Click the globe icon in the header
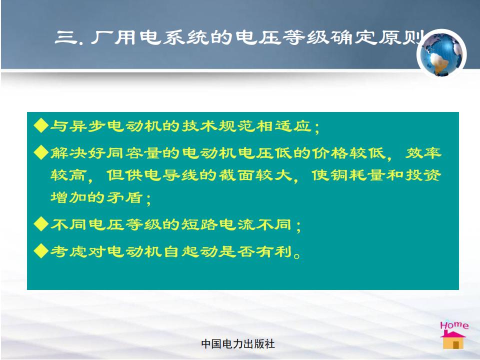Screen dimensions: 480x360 tap(441, 54)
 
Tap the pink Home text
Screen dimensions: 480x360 tap(454, 325)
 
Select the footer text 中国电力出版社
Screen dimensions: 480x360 tap(238, 344)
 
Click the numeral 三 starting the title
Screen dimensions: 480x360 tap(65, 37)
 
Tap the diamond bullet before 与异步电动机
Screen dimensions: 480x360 tap(41, 125)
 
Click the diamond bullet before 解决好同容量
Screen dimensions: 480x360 tap(41, 152)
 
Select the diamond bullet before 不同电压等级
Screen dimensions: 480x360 tap(41, 224)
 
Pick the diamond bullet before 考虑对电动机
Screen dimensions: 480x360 tap(41, 251)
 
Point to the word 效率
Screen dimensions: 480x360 tap(423, 152)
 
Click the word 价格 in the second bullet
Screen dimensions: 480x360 tap(330, 152)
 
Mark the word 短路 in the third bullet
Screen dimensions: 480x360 tap(199, 224)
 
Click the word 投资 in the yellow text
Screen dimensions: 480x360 tap(423, 175)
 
